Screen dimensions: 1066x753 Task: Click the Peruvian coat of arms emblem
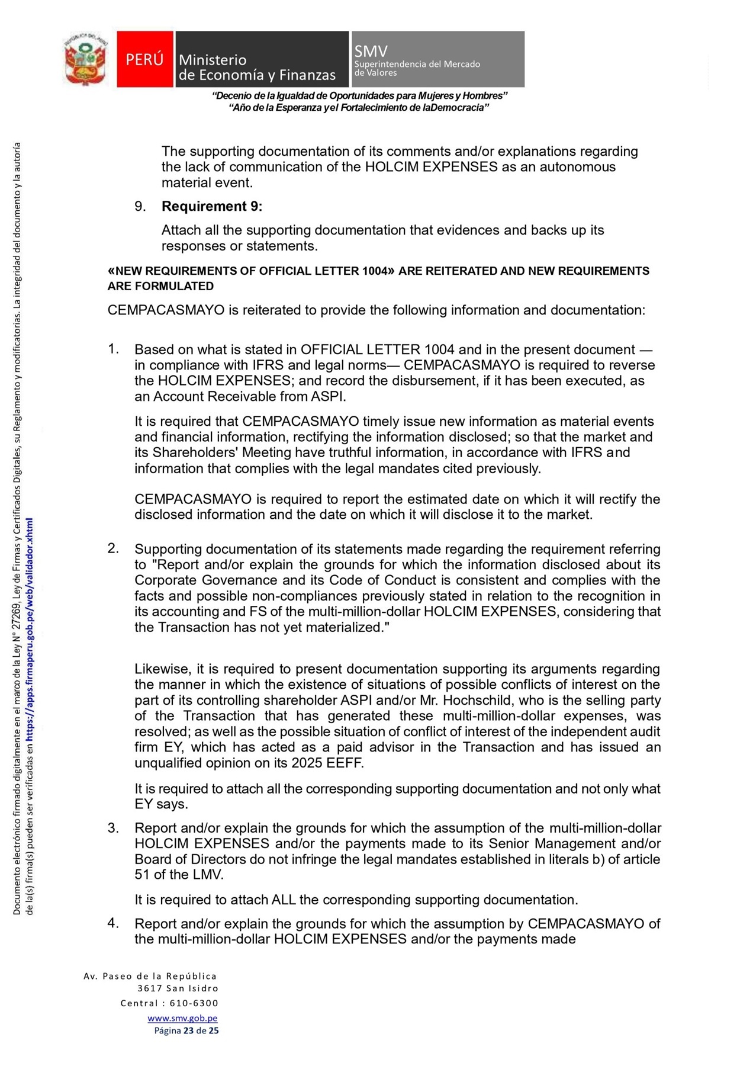(x=86, y=59)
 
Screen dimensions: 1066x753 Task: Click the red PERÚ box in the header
(x=144, y=59)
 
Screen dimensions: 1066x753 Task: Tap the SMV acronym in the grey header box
(x=371, y=51)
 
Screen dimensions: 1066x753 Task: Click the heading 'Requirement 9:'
(x=212, y=206)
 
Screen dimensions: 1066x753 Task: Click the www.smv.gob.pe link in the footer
(x=182, y=1018)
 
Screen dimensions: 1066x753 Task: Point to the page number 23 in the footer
(x=188, y=1030)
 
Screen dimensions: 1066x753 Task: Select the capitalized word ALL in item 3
(x=284, y=900)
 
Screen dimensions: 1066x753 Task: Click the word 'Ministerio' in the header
(x=213, y=60)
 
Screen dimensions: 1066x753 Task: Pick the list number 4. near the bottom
(x=113, y=923)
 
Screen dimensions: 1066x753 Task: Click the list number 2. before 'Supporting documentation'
(x=113, y=548)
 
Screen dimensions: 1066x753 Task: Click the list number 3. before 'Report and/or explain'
(x=113, y=827)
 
